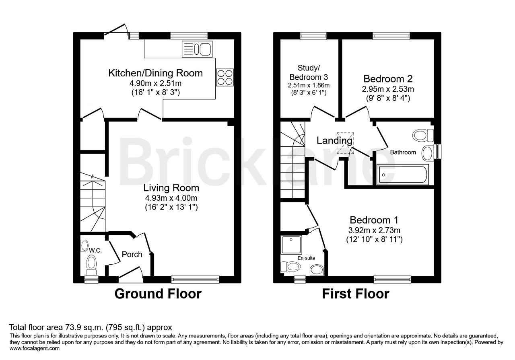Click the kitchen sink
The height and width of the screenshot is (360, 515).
point(197,49)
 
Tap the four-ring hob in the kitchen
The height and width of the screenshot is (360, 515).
point(225,78)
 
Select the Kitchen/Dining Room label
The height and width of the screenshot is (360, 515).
point(155,73)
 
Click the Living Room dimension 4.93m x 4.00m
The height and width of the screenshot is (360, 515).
point(171,198)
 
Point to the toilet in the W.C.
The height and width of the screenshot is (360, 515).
point(91,266)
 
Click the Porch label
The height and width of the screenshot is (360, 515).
point(132,254)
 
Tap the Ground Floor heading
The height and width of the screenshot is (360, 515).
point(158,294)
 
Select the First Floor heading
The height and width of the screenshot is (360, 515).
point(356,294)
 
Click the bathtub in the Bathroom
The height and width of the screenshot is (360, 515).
point(403,175)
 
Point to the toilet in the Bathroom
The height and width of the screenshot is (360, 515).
point(423,135)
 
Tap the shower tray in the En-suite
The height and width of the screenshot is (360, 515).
point(291,245)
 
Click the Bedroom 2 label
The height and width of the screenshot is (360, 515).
point(388,79)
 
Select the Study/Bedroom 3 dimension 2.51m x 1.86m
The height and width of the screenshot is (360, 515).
point(309,85)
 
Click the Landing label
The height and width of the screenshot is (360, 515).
point(334,140)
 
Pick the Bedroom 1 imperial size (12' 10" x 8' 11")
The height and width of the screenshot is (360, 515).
point(374,240)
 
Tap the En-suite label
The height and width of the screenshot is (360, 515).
point(306,258)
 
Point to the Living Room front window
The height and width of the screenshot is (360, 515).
point(195,279)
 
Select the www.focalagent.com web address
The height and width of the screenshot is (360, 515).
point(35,348)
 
